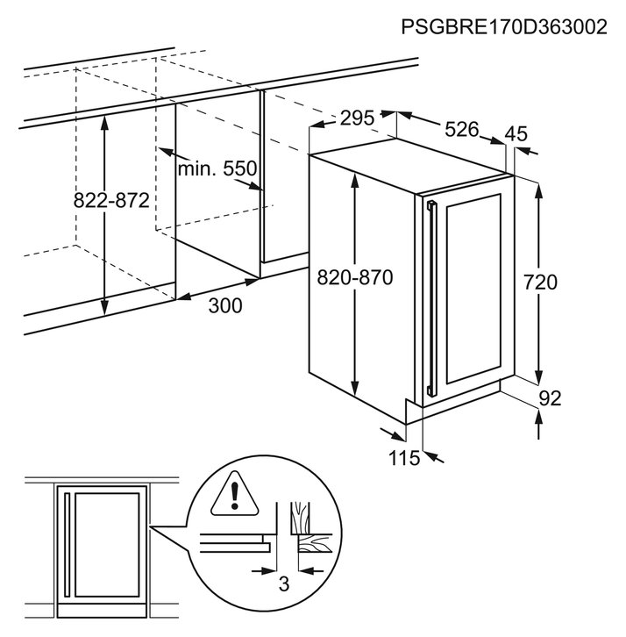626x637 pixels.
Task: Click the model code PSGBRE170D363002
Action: click(x=504, y=27)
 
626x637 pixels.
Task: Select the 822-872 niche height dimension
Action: click(x=111, y=200)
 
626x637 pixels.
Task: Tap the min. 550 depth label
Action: click(x=217, y=168)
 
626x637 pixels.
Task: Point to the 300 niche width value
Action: click(x=225, y=305)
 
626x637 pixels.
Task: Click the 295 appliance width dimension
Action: click(x=357, y=118)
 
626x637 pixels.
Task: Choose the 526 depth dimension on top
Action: click(x=462, y=129)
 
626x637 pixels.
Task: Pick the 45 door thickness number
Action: click(x=516, y=133)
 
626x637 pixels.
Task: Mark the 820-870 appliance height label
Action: click(x=355, y=278)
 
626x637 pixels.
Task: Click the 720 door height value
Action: click(x=540, y=282)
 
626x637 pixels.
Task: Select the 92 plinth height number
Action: click(x=550, y=398)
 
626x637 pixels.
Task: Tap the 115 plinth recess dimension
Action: click(x=404, y=458)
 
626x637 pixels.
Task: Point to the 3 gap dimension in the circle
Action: click(x=284, y=583)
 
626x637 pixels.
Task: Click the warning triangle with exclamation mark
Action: click(x=234, y=494)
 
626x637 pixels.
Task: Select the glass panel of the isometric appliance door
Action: click(x=473, y=289)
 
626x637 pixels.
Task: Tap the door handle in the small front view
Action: click(x=68, y=545)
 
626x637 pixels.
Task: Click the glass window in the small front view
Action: click(x=107, y=545)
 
